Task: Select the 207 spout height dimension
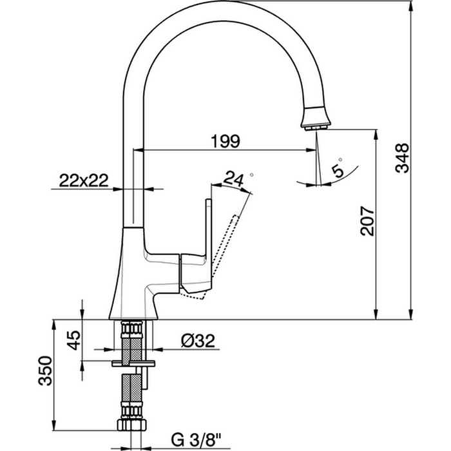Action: click(365, 222)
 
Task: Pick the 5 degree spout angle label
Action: click(336, 170)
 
